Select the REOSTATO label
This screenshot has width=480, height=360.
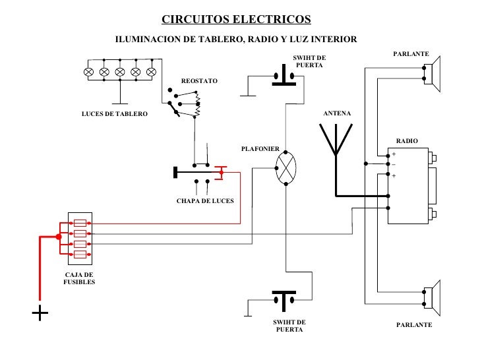(x=198, y=80)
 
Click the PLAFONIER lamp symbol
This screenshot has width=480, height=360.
(x=286, y=165)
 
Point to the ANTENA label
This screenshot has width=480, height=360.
(x=337, y=114)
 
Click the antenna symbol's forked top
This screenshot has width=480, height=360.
(x=336, y=140)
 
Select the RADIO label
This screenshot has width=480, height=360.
(x=406, y=141)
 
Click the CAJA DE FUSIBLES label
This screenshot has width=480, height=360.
(x=79, y=278)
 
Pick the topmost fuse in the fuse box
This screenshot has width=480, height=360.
(x=80, y=223)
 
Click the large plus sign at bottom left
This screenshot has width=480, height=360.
(x=40, y=314)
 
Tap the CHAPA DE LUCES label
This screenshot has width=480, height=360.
(x=205, y=200)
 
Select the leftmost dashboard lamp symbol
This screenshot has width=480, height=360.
(x=89, y=71)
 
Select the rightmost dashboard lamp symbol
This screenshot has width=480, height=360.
(x=151, y=71)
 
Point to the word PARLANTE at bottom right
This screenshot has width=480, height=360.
(x=414, y=326)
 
